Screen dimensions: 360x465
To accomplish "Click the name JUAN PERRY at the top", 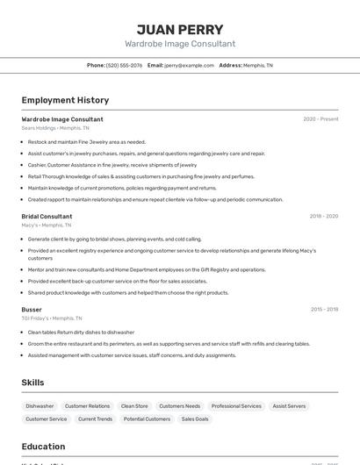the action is pos(180,29).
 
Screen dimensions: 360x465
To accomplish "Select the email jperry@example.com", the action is pos(190,65).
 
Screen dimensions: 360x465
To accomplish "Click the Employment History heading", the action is pos(65,100).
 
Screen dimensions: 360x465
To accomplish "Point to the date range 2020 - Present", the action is pos(320,119).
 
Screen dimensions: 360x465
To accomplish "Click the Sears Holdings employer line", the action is pos(55,128).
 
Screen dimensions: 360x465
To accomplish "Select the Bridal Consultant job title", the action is pos(47,216).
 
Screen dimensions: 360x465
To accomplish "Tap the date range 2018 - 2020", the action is pos(323,216).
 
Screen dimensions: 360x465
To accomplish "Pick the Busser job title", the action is pos(32,310).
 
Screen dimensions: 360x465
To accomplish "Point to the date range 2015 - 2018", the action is pos(323,310).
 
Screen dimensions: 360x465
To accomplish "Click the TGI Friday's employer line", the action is pos(52,318).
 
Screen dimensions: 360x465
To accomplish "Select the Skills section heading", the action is pos(32,383).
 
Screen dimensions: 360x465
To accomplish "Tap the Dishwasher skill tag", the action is pos(40,406).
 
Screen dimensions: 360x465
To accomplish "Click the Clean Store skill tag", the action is pos(134,406).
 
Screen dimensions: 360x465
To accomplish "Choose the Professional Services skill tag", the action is pos(236,406).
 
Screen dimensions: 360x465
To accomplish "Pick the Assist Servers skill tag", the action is pos(289,406).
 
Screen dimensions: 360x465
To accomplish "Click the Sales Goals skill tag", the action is pos(195,419).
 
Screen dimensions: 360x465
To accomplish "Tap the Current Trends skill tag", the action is pos(95,419).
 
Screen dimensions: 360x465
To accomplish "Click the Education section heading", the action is pos(43,446).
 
